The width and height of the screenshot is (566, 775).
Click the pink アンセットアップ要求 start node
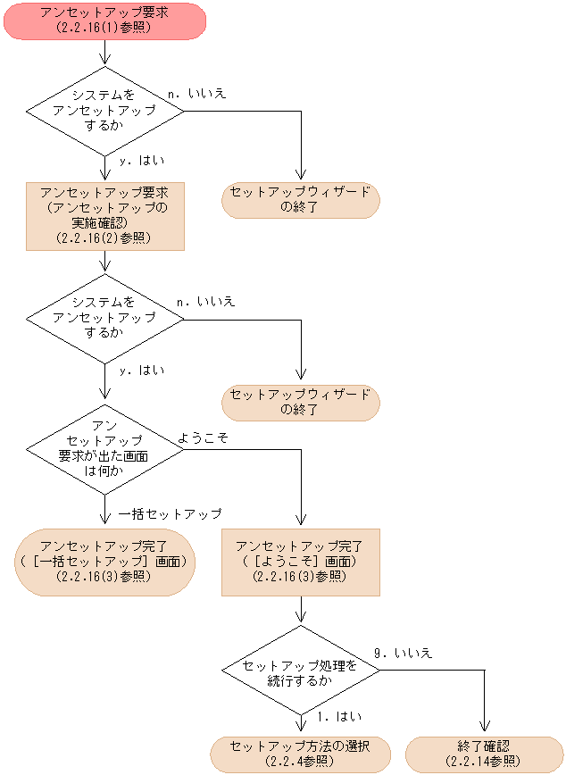click(104, 21)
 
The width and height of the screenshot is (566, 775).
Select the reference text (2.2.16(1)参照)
click(104, 29)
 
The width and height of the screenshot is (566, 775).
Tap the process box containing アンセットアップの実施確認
click(104, 215)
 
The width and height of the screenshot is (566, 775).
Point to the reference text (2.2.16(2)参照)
click(104, 238)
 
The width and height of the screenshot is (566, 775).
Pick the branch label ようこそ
click(204, 437)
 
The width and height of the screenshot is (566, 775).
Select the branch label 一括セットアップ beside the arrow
click(171, 514)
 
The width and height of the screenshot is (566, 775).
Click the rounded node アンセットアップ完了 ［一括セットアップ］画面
click(104, 562)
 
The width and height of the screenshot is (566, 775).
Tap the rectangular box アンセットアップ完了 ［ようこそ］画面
click(301, 562)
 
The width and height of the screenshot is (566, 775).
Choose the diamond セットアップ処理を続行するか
click(301, 672)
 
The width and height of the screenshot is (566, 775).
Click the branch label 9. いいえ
click(403, 654)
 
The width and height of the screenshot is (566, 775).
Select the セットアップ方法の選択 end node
click(301, 754)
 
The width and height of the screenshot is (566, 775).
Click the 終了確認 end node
click(484, 754)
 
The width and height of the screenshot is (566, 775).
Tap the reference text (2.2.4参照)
click(301, 762)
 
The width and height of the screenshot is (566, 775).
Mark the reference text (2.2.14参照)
click(484, 762)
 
